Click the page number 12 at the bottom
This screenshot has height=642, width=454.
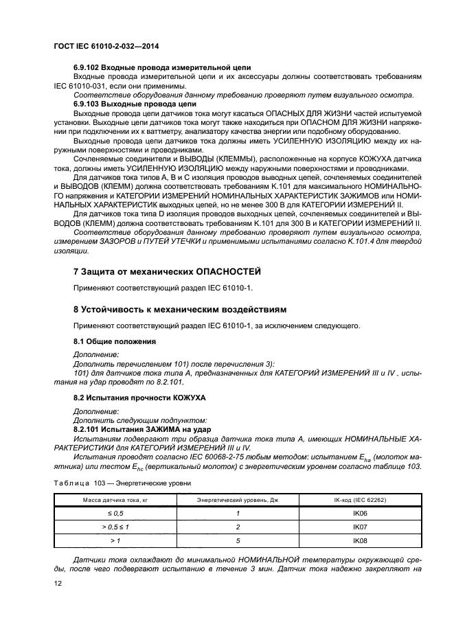[x=58, y=584]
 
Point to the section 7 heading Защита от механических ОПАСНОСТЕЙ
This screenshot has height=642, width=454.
[x=167, y=272]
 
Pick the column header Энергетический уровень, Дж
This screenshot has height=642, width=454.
[x=237, y=501]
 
